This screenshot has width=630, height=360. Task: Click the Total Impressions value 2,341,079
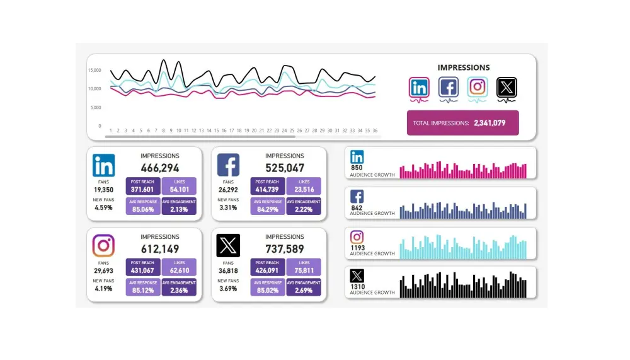(x=490, y=123)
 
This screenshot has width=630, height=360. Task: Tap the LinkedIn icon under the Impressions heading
(x=419, y=87)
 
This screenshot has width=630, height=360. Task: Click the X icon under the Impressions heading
(x=507, y=87)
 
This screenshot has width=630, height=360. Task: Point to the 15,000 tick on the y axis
(x=94, y=71)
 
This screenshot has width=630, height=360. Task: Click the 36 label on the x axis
(x=375, y=131)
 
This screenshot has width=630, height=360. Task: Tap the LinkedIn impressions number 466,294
(x=159, y=168)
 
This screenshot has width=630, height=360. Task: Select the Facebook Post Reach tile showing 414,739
(x=268, y=186)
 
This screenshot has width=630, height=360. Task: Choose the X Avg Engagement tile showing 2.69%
(x=304, y=287)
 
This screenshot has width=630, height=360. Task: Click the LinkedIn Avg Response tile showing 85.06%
(x=143, y=206)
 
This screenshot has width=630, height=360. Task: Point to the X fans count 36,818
(x=228, y=270)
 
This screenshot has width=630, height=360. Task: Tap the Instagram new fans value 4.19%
(x=103, y=289)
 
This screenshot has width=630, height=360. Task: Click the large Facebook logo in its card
(x=228, y=165)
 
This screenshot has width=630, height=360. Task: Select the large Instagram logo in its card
(x=103, y=246)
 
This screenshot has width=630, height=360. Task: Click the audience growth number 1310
(x=357, y=287)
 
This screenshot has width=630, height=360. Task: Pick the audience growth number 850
(x=357, y=168)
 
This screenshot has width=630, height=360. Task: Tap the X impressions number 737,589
(x=284, y=250)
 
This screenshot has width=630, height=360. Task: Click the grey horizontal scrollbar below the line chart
(x=200, y=136)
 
